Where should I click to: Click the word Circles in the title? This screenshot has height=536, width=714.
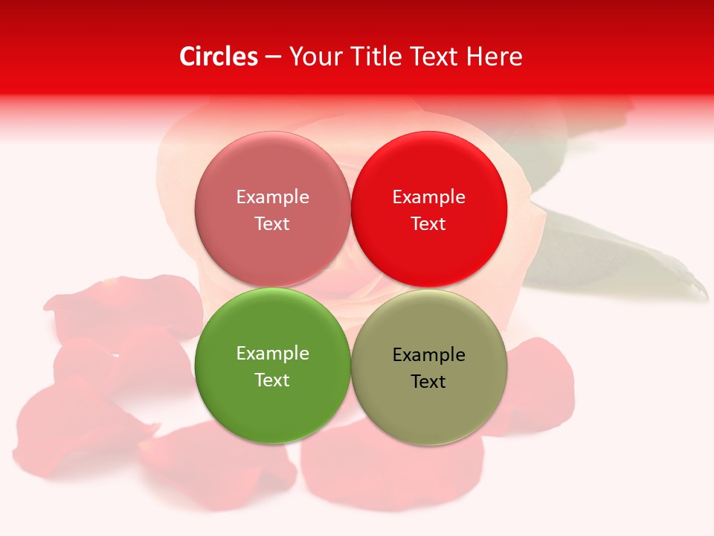pyautogui.click(x=219, y=57)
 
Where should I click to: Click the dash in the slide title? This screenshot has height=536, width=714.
pyautogui.click(x=273, y=57)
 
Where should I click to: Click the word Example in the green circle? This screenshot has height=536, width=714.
pyautogui.click(x=272, y=354)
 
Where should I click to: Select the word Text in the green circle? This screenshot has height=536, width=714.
pyautogui.click(x=272, y=380)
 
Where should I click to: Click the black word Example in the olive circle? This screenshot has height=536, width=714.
pyautogui.click(x=429, y=355)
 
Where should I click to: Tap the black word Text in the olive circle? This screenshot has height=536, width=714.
pyautogui.click(x=428, y=382)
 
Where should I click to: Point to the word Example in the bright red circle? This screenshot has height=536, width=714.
pyautogui.click(x=429, y=197)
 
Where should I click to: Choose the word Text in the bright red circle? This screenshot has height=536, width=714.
pyautogui.click(x=428, y=223)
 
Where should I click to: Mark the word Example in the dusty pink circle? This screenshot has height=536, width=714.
pyautogui.click(x=272, y=197)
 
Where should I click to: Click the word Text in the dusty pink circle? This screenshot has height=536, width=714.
pyautogui.click(x=272, y=223)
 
